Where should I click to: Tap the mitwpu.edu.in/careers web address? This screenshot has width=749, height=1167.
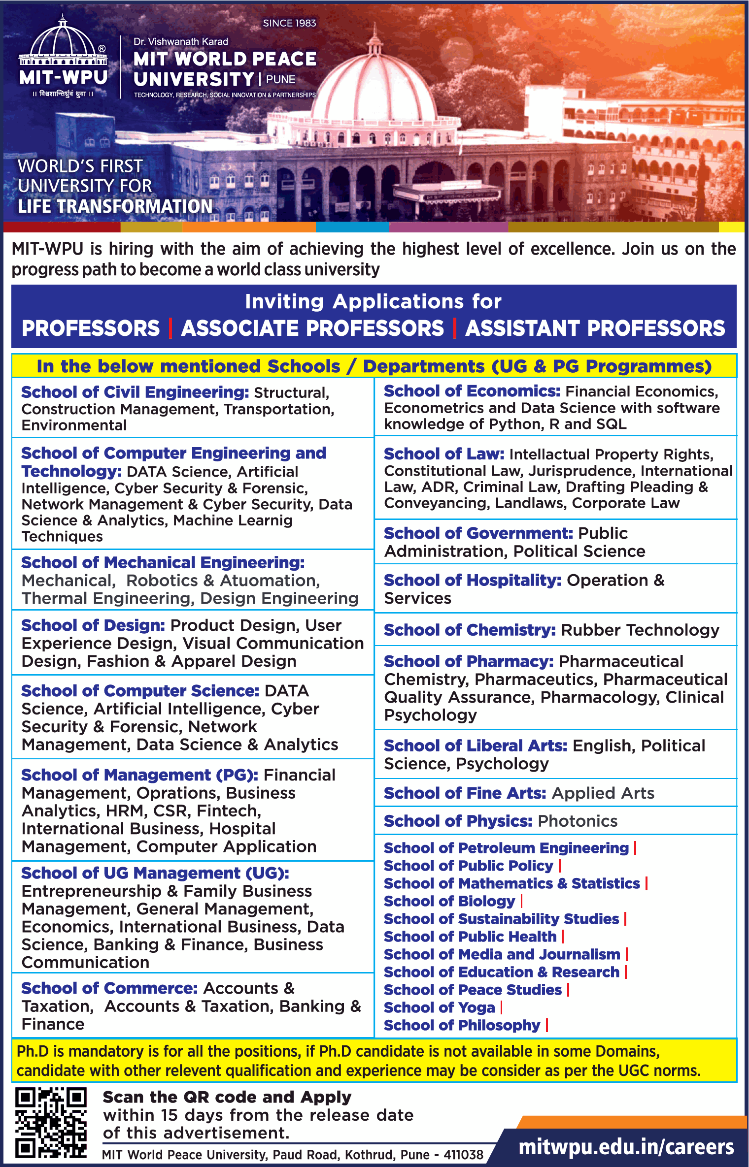pos(626,1147)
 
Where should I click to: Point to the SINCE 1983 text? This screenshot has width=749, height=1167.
pos(289,23)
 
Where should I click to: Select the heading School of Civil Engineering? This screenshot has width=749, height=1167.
pos(135,392)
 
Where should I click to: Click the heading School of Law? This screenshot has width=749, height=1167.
pos(443,454)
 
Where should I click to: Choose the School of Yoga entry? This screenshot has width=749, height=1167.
pos(439,1007)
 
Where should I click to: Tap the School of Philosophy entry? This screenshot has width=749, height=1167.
pos(462,1025)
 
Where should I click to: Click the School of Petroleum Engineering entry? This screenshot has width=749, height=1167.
pos(506,848)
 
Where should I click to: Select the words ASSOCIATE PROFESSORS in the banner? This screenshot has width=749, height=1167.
pos(312,328)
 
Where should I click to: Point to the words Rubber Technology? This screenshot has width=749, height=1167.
pos(640,630)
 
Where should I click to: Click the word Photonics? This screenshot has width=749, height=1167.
pos(578,821)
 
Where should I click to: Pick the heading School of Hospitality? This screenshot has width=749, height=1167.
pos(473,581)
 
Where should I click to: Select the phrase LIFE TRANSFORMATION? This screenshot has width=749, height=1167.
pos(115,206)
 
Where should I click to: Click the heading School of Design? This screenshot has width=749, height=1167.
pos(93,625)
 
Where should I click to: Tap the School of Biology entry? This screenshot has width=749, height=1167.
pos(449,901)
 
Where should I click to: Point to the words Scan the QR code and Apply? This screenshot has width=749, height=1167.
pos(227,1098)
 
